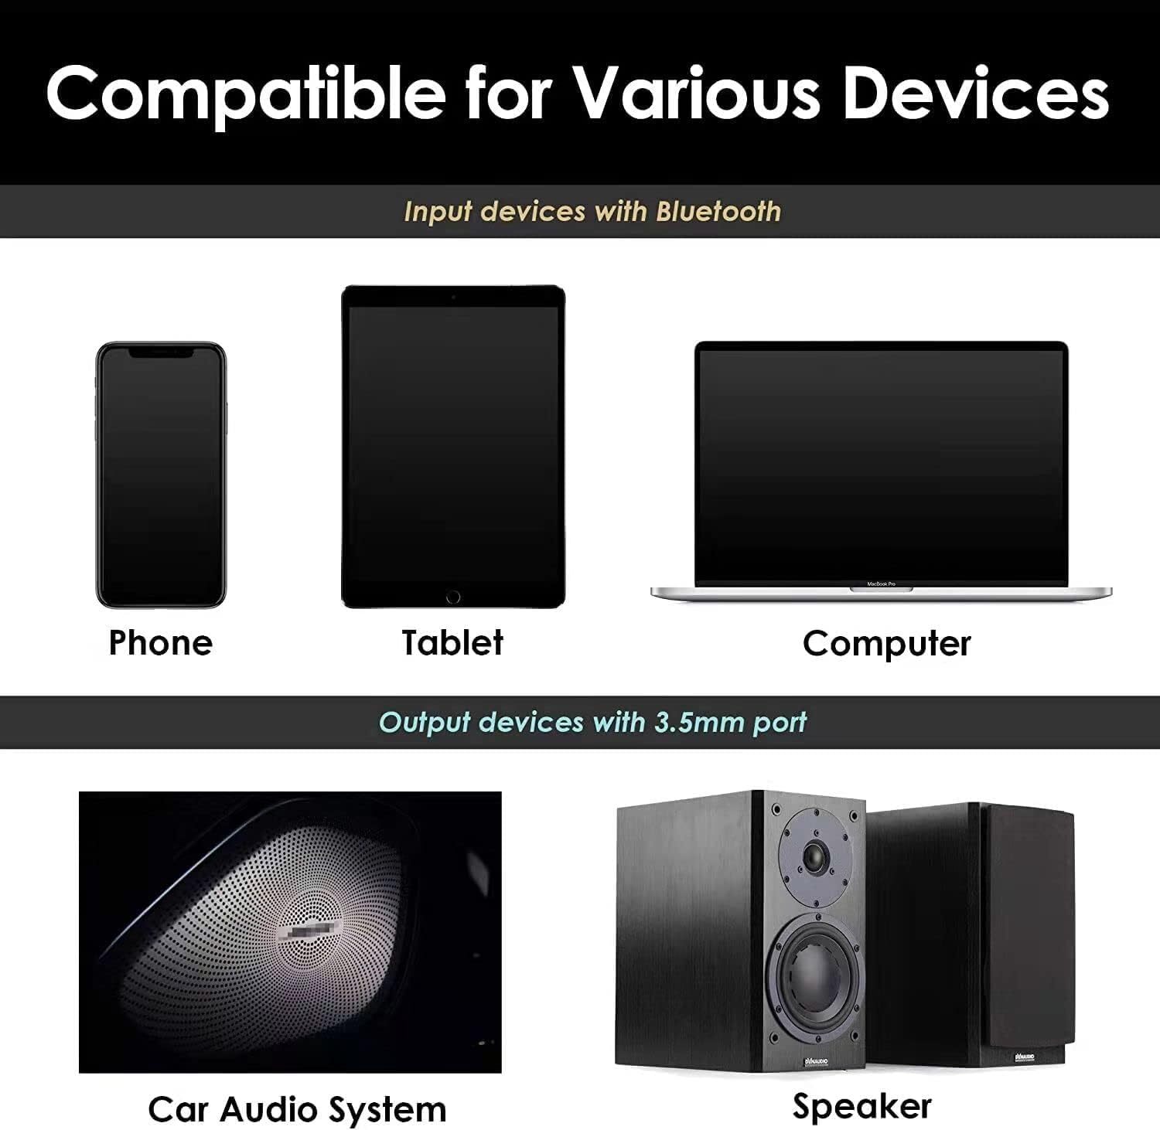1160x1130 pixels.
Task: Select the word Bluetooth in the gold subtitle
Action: (x=718, y=212)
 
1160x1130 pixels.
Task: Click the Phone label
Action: (x=161, y=643)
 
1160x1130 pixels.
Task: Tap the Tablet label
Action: (x=452, y=643)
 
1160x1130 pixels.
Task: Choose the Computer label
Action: (x=886, y=643)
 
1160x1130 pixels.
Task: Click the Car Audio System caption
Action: (x=297, y=1110)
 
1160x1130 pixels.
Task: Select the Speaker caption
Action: (x=861, y=1107)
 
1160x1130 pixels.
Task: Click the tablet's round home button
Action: (x=453, y=597)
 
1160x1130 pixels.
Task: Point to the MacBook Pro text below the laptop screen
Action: (x=881, y=584)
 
